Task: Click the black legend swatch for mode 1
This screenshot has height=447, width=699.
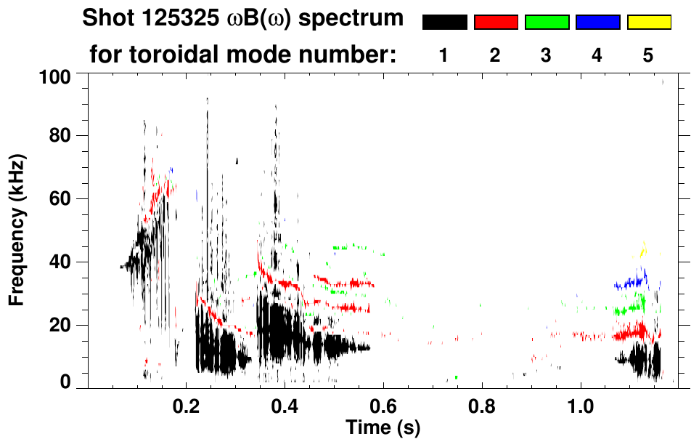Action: click(444, 23)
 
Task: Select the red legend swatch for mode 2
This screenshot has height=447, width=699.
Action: click(496, 23)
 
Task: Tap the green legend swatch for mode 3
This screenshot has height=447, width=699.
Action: click(547, 23)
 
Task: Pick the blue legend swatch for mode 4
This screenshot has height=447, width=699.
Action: click(597, 23)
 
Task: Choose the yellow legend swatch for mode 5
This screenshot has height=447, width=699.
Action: click(649, 23)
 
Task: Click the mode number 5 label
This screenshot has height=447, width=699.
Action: click(648, 56)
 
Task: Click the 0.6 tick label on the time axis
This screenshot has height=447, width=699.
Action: click(383, 404)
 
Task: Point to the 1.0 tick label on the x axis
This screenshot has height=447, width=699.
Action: click(580, 404)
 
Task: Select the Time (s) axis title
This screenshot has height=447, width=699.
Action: click(382, 427)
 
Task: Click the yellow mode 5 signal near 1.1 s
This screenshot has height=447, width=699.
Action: click(642, 251)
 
